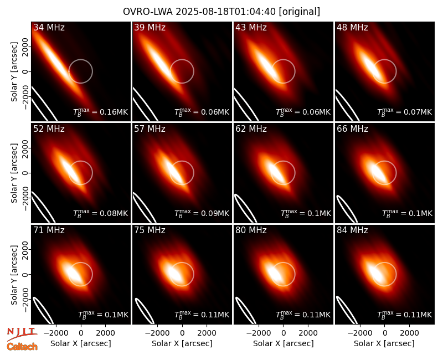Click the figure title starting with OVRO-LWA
point(221,12)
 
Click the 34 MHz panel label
point(49,27)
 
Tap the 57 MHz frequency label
point(150,129)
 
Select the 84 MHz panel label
point(352,230)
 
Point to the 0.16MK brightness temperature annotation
point(101,112)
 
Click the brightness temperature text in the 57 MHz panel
point(202,213)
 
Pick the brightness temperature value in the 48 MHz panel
point(405,112)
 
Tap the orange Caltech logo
point(22,347)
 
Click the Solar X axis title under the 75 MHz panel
point(182,343)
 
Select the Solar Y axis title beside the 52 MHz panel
point(14,173)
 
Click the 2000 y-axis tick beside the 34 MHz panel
point(25,47)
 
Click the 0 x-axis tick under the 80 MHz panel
point(284,333)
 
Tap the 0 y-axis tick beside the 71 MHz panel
point(25,274)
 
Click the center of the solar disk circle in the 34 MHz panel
point(80,71)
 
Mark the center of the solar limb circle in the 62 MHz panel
point(283,173)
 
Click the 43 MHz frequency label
point(251,27)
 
